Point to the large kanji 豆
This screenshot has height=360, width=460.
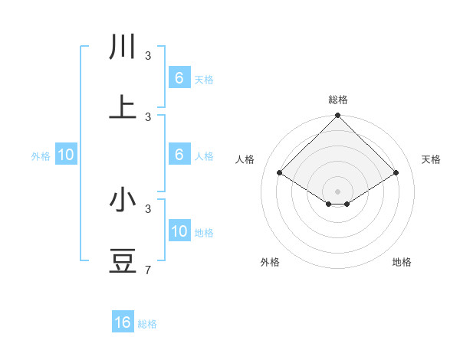point(123,260)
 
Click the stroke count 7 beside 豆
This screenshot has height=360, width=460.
point(149,270)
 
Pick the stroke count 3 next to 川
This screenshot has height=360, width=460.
point(149,56)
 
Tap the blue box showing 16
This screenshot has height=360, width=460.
point(123,322)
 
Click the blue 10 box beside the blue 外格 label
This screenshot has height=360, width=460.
point(66,155)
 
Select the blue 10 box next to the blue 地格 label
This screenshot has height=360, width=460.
point(179,232)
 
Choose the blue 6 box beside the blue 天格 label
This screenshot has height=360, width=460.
point(179,77)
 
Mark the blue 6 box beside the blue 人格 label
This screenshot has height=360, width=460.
point(179,155)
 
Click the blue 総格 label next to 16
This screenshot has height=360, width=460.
point(147,324)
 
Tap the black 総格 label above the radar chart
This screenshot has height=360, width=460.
point(338,100)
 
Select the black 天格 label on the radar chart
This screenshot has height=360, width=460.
point(432,159)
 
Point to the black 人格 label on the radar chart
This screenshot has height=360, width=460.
point(245,159)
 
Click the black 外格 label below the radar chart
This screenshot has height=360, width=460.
point(270,262)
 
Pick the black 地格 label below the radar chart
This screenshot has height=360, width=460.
point(402,262)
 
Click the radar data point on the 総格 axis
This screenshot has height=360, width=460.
point(338,116)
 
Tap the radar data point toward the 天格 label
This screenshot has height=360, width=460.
point(396,173)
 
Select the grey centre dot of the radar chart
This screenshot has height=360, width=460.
point(338,191)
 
